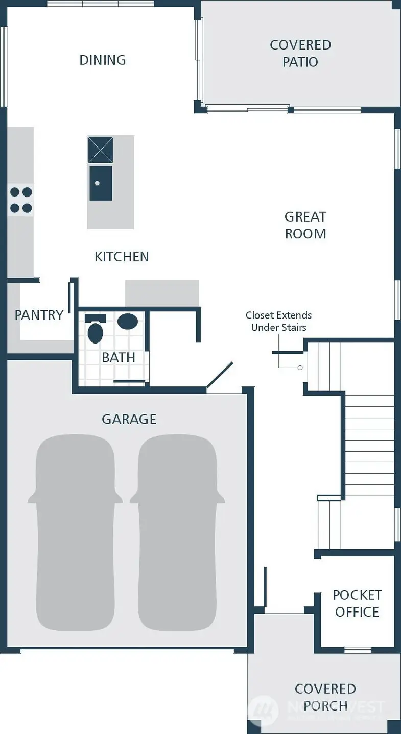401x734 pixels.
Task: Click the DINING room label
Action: click(103, 60)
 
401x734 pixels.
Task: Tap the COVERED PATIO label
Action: click(300, 54)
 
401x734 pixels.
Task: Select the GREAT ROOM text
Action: click(305, 225)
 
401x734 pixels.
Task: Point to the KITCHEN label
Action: click(122, 257)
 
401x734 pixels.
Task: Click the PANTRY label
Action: click(39, 315)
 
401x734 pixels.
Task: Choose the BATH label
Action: click(119, 357)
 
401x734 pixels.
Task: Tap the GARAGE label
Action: click(129, 419)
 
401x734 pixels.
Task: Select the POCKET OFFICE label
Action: click(357, 603)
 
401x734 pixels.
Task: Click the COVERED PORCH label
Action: click(325, 697)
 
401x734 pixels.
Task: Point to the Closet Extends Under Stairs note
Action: click(278, 322)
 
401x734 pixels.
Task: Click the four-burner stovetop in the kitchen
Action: click(20, 200)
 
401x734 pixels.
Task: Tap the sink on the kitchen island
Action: click(101, 183)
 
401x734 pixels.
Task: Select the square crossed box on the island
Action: click(100, 150)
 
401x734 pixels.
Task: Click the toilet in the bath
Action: click(95, 330)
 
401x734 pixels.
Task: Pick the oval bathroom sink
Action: click(127, 322)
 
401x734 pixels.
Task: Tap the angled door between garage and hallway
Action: click(220, 375)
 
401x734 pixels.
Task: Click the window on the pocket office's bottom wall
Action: click(357, 650)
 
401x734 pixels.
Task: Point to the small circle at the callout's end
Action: click(300, 368)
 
